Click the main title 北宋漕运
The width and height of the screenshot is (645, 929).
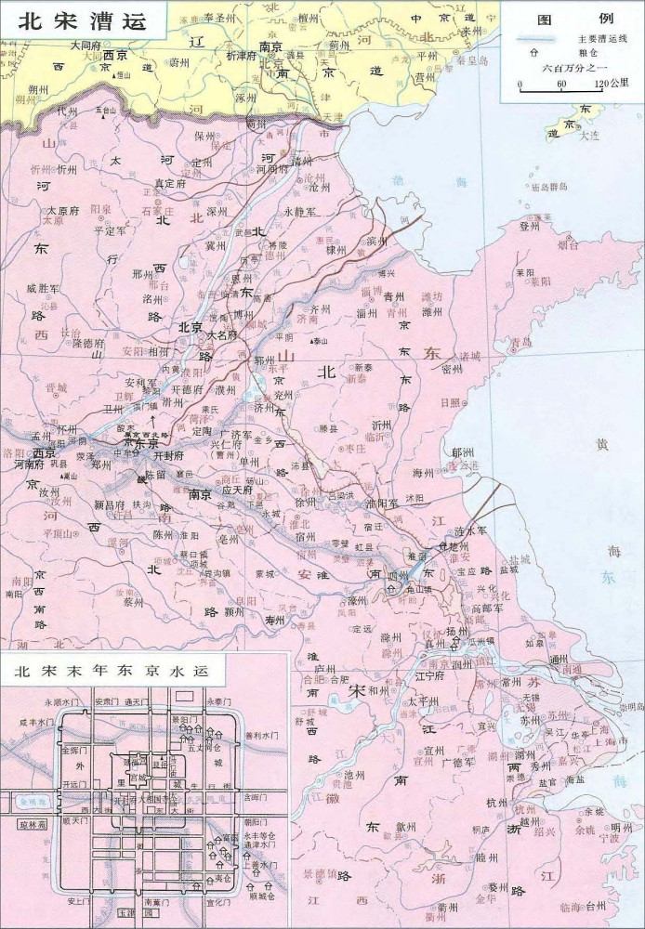[81, 21]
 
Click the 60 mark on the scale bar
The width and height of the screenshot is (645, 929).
[560, 85]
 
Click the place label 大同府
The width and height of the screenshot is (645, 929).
[85, 44]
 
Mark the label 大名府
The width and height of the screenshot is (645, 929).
[222, 334]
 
